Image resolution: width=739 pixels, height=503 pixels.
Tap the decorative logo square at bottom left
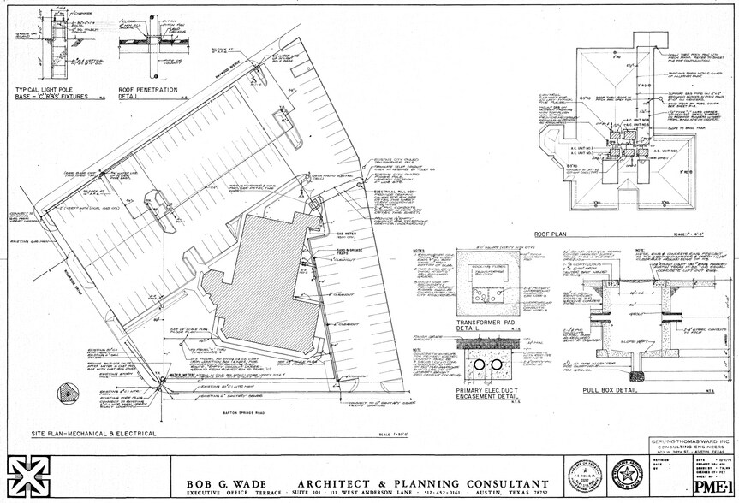point(28,476)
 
